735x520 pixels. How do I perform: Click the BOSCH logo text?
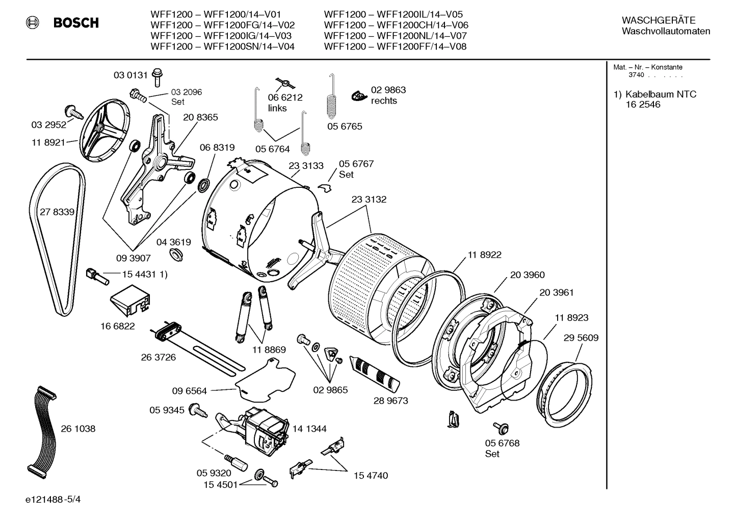tap(76, 23)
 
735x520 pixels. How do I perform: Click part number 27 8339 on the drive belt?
tap(57, 212)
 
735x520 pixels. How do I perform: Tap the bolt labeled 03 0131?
tap(157, 77)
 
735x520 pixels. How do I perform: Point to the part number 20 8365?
tap(200, 117)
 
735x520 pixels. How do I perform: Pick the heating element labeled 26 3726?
tap(199, 347)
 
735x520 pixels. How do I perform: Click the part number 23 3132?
tap(369, 200)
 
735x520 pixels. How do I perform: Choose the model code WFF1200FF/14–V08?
tap(421, 46)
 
